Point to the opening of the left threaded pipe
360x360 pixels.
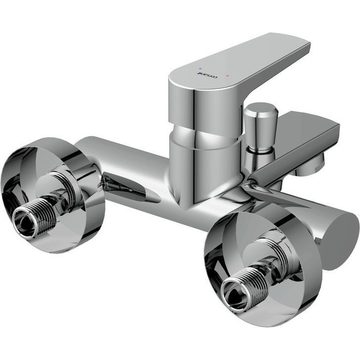click(23, 222)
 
